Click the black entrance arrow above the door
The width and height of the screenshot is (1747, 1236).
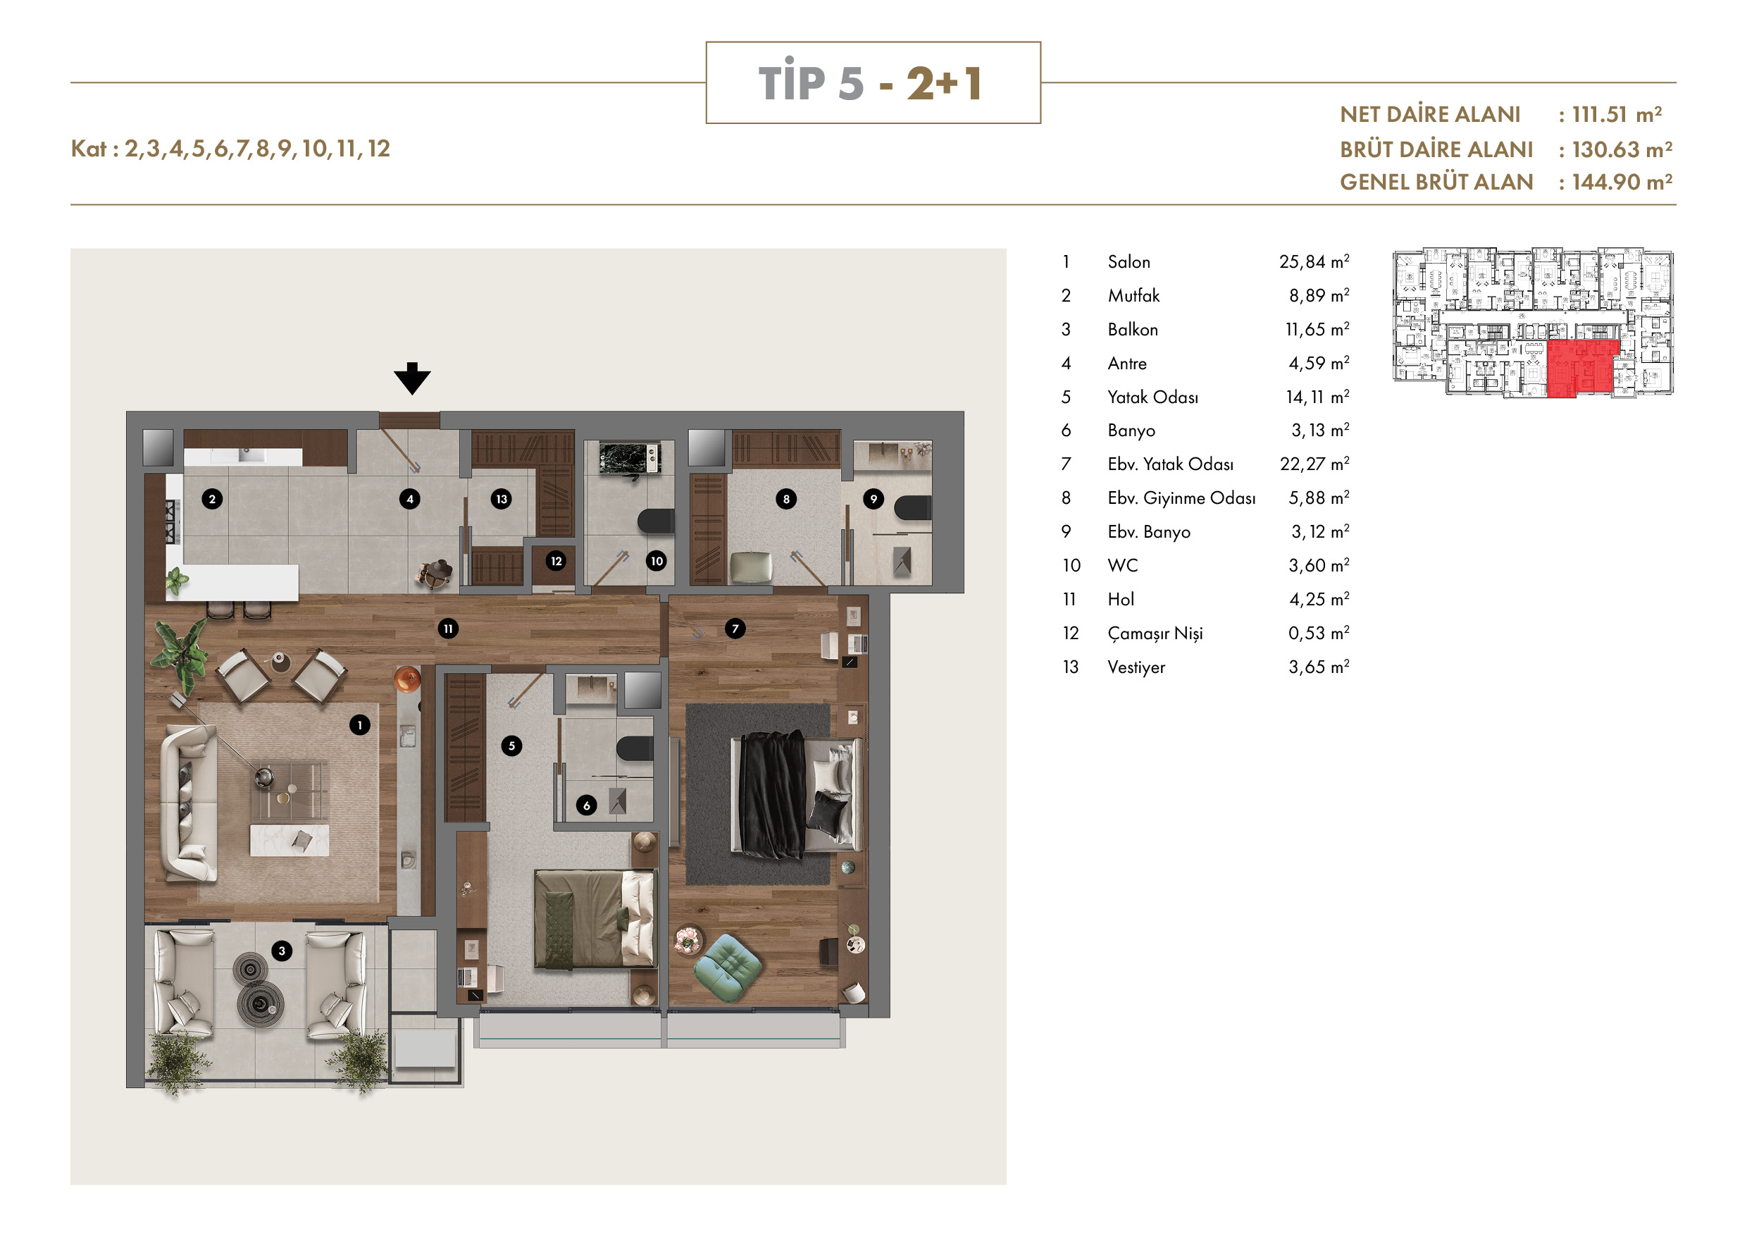[411, 378]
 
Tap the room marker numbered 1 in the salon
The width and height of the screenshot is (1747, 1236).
[360, 724]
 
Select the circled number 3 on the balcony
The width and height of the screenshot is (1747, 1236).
[282, 951]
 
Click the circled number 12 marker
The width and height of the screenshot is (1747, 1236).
[557, 561]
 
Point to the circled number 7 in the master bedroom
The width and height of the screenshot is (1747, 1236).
[734, 629]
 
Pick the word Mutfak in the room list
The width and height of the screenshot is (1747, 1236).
[1133, 295]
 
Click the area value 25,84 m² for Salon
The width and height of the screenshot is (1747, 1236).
[1314, 262]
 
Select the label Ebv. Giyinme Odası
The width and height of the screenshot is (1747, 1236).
[1181, 498]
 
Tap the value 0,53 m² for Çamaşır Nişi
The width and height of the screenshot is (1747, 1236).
[1319, 634]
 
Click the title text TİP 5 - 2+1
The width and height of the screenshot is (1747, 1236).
[872, 82]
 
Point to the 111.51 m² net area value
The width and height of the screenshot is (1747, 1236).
[1617, 114]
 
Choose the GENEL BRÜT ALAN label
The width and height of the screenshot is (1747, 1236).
[1436, 182]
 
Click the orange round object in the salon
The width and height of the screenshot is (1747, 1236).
[407, 678]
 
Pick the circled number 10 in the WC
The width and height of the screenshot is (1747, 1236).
[657, 561]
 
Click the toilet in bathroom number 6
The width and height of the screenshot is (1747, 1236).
[635, 748]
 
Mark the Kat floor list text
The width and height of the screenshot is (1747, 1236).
[230, 149]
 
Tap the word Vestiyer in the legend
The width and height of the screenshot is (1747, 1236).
[1136, 667]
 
